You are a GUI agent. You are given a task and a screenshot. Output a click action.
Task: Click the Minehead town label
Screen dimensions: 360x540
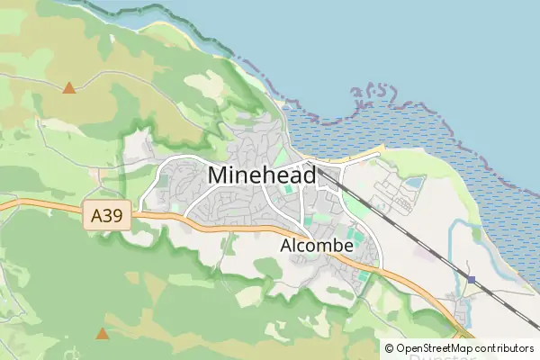click(x=261, y=175)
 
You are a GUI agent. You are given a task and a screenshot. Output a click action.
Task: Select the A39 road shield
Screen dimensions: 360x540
click(x=112, y=216)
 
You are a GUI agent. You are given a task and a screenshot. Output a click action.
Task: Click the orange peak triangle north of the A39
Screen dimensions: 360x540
click(x=69, y=88)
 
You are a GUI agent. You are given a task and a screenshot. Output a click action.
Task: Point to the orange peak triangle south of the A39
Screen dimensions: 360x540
click(x=103, y=334)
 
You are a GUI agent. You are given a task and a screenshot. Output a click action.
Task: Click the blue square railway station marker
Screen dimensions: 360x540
click(x=471, y=280)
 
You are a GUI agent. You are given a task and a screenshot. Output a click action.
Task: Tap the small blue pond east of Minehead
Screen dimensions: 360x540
click(x=414, y=183)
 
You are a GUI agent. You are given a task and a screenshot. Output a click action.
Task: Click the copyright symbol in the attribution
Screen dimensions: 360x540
click(x=389, y=347)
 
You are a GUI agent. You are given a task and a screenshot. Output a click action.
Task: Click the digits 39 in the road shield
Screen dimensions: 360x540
click(x=117, y=216)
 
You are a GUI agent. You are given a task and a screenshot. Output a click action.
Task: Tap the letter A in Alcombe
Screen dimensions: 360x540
click(x=285, y=245)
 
